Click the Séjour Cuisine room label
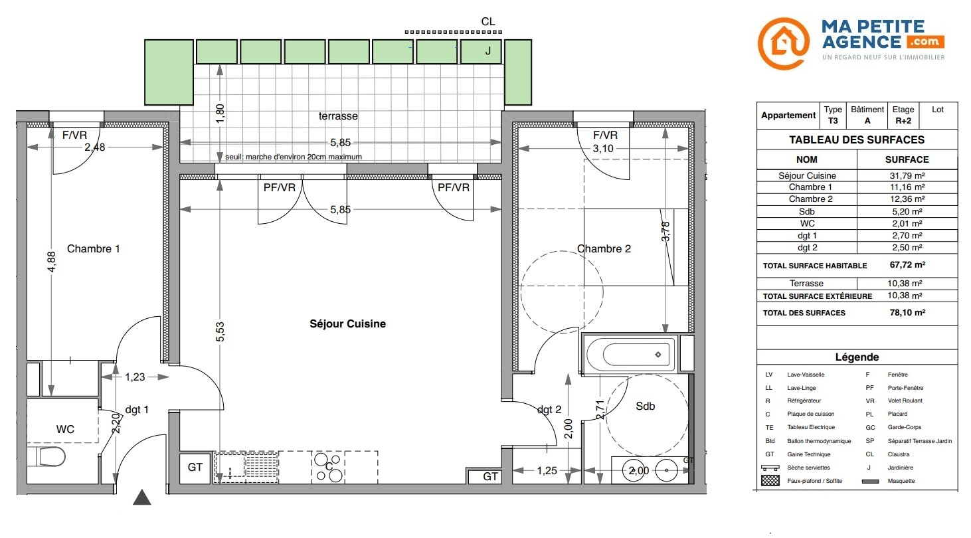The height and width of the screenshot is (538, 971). [x=347, y=324]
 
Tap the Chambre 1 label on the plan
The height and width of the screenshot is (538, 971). [x=93, y=249]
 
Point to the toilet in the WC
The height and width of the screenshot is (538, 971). [x=48, y=456]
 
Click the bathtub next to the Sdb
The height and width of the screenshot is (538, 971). [x=630, y=354]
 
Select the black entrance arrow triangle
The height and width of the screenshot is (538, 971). [x=141, y=497]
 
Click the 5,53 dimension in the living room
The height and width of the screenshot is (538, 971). [x=221, y=331]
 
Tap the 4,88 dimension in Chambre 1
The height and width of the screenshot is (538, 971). [x=52, y=262]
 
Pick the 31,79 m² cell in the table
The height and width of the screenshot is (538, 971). [x=907, y=175]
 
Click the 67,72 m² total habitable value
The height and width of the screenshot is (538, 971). [x=907, y=264]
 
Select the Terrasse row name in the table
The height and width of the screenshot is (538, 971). [x=806, y=283]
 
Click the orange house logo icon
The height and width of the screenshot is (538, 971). [x=784, y=43]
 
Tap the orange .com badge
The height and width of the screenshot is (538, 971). [x=925, y=42]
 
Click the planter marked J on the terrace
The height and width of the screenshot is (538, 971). [x=481, y=52]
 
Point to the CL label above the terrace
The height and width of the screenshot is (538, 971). [x=488, y=22]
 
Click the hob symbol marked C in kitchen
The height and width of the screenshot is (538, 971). [x=328, y=467]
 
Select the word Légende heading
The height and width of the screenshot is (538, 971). [x=857, y=357]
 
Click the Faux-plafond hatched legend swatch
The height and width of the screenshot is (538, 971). [x=770, y=481]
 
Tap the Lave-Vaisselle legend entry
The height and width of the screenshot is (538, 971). [x=806, y=375]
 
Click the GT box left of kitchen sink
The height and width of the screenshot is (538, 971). [x=195, y=468]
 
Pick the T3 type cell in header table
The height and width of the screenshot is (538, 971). [x=833, y=121]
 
